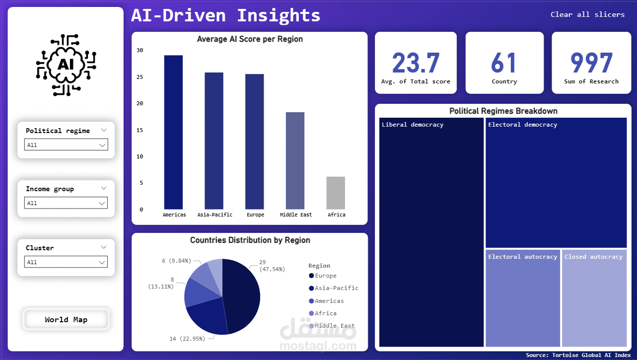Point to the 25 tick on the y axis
click(140, 77)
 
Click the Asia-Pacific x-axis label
click(214, 215)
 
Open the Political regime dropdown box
click(66, 145)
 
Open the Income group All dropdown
click(66, 203)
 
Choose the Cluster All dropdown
click(66, 262)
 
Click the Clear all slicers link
click(587, 14)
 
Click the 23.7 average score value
click(416, 63)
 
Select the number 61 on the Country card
click(504, 63)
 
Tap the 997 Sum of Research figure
click(591, 63)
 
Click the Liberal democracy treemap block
click(431, 233)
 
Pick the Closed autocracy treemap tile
click(594, 298)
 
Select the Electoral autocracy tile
click(522, 298)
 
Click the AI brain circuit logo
click(66, 65)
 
